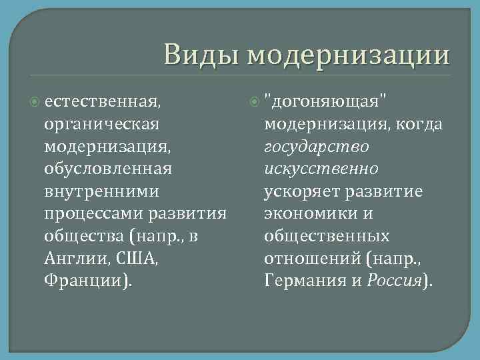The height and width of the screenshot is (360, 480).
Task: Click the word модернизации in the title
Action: point(348,55)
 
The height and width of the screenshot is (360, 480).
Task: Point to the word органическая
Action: point(101,124)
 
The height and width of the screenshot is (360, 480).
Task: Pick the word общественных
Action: point(327,236)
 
